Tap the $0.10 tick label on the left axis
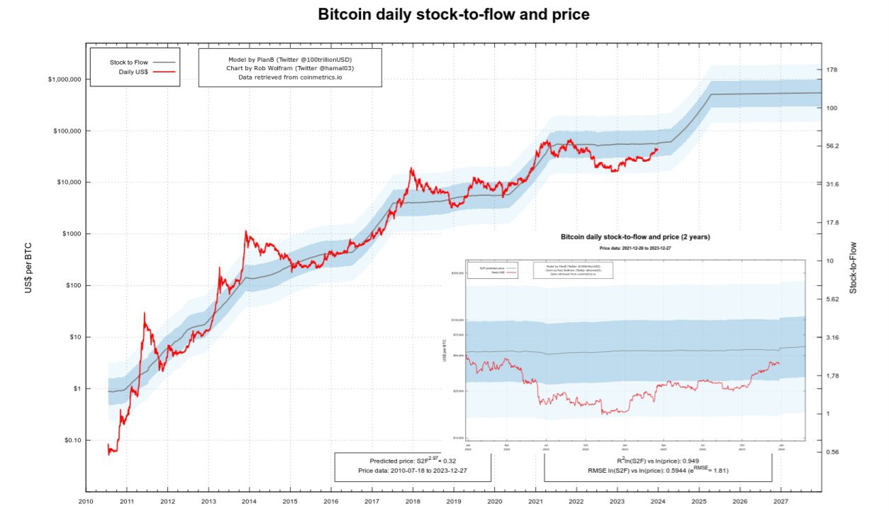point(69,441)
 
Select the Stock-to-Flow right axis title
point(854,268)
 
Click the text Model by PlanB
point(289,58)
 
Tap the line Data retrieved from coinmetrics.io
point(289,77)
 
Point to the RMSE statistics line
point(658,470)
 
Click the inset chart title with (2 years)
point(634,236)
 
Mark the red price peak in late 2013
point(245,231)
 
